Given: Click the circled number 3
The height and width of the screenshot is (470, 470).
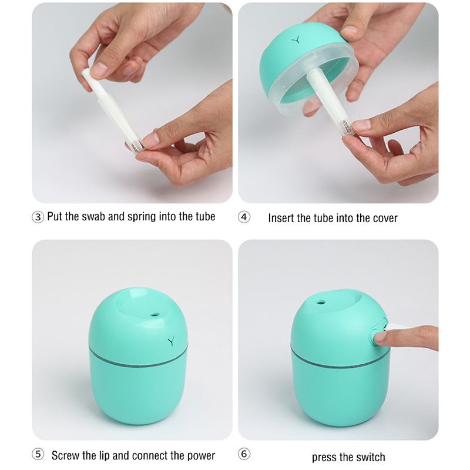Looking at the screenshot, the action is (38, 217).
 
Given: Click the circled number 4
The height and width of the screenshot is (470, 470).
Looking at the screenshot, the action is (244, 217).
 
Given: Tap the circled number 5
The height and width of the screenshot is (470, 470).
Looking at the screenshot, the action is (38, 454).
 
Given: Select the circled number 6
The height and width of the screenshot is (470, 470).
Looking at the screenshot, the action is (244, 454).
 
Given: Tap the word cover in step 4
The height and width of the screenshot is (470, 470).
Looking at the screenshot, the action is (385, 218).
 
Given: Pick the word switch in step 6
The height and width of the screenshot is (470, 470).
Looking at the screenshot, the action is (370, 457).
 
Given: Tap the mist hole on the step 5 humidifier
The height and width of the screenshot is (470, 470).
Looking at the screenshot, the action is (155, 315).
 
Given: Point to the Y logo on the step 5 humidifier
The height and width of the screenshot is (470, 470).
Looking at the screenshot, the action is (171, 341).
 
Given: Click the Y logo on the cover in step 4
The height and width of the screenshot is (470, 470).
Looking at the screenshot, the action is (296, 40).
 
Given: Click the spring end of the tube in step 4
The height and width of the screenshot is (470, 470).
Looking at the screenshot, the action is (347, 127).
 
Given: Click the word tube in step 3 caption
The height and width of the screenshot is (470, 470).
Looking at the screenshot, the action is (205, 216).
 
